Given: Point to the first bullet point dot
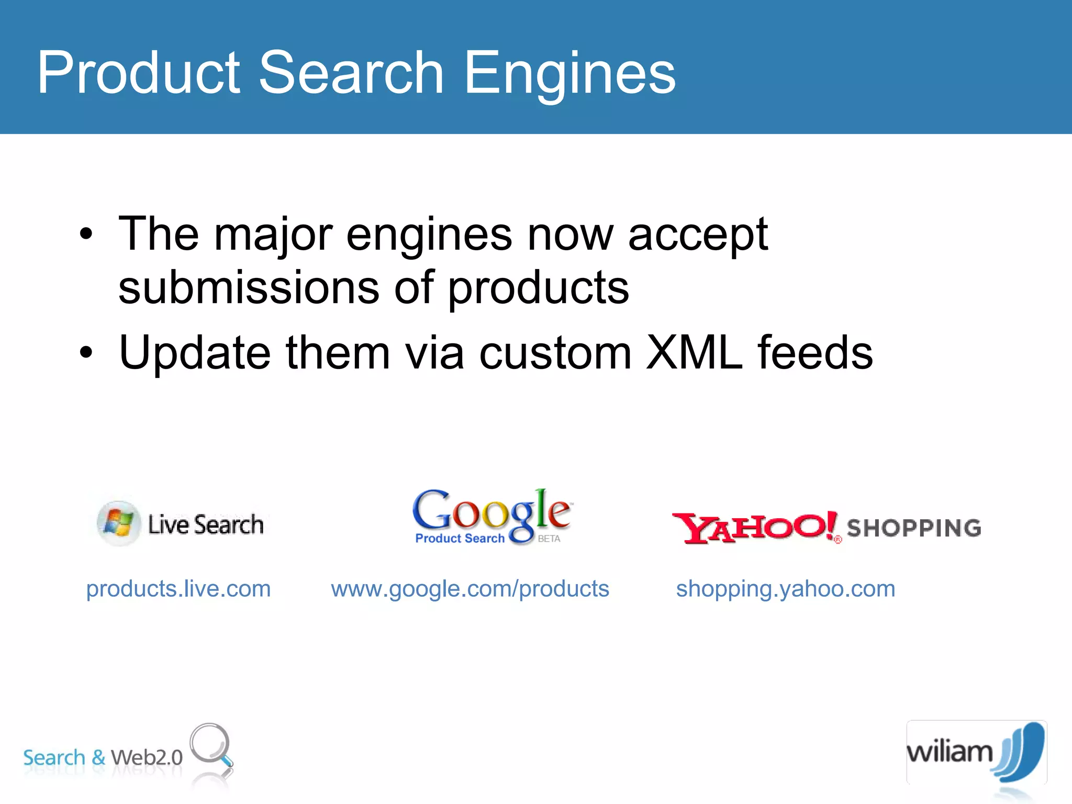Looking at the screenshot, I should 86,234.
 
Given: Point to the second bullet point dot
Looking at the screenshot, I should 86,353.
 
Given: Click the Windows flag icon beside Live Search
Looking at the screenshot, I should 119,523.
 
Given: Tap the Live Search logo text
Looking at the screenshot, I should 206,524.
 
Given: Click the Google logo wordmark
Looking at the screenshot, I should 492,510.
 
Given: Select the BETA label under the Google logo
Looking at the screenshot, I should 549,539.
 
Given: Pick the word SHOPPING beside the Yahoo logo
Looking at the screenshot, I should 914,528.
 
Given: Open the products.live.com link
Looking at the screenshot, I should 178,589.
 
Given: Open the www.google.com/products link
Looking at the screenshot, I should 470,589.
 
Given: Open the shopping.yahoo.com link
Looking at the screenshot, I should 786,589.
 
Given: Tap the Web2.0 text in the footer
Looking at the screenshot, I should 147,757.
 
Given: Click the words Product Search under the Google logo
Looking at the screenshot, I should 460,539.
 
